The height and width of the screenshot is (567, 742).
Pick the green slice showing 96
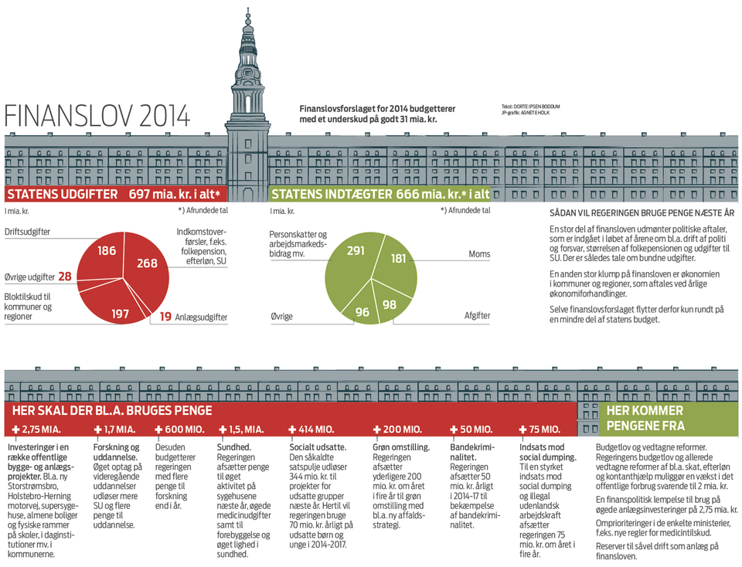[x=362, y=311]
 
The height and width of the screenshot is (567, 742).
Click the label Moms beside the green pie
[x=479, y=254]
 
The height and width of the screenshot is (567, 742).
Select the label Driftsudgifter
[x=28, y=233]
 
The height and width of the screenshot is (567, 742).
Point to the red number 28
[x=65, y=277]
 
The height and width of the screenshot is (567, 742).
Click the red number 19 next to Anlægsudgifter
[x=166, y=316]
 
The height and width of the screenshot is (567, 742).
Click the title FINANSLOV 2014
[x=97, y=116]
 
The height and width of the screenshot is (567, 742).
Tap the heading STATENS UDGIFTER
[x=63, y=194]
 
